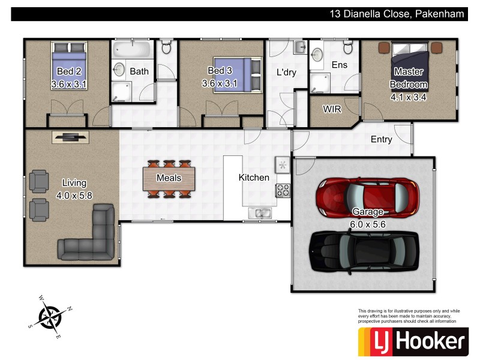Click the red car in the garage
pos(366,197)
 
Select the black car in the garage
pos(360,251)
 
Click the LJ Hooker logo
pos(412,341)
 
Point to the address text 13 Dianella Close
pos(397,14)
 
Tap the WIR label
pos(332,110)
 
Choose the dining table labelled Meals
pos(169,178)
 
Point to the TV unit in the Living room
pos(71,137)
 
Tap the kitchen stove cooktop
pos(282,191)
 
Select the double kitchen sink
pos(262,213)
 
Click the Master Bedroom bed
pos(410,66)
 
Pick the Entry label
pos(381,139)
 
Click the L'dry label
pos(286,73)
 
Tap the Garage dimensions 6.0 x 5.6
pos(368,224)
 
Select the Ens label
pos(338,64)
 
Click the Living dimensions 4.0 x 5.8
pos(74,194)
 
